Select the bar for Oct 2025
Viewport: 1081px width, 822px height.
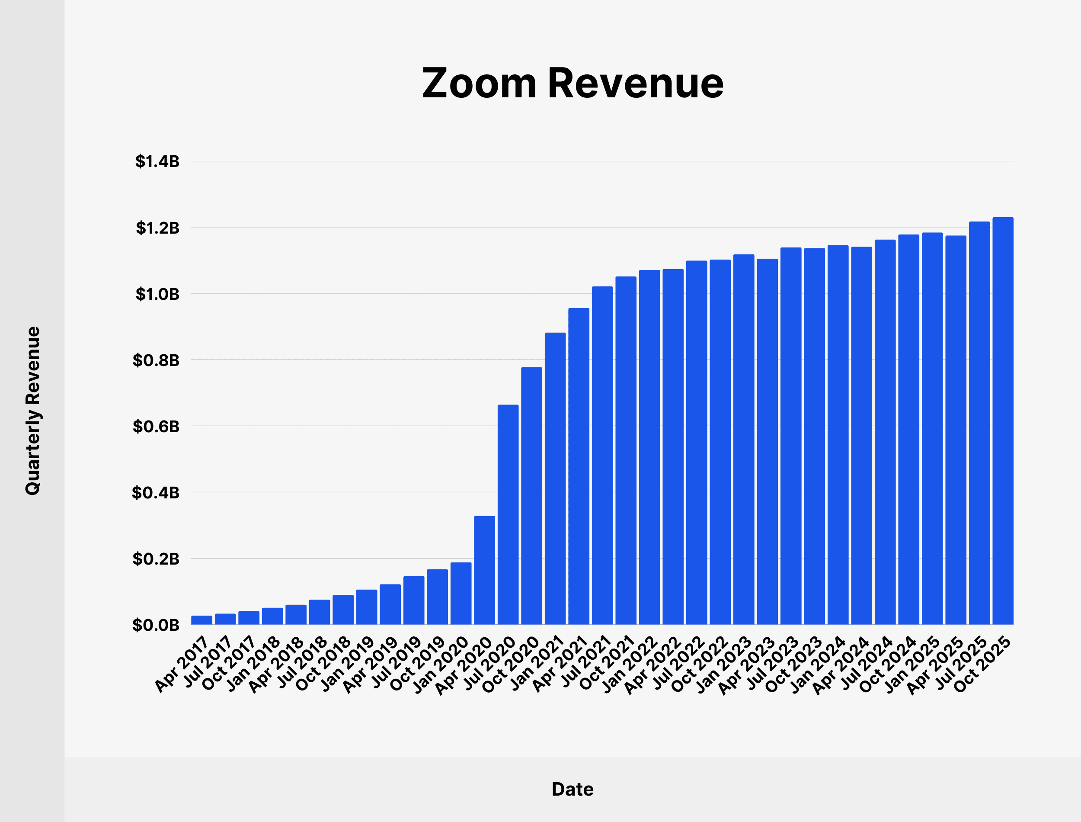click(x=1003, y=421)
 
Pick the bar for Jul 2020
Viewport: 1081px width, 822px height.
click(x=508, y=514)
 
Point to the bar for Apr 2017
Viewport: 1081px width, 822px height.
click(x=201, y=620)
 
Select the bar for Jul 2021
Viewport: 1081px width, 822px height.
click(x=602, y=455)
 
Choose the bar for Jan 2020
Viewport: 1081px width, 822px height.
click(x=461, y=593)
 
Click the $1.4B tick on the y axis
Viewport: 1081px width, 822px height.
click(x=157, y=161)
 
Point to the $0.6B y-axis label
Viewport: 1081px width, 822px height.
click(x=156, y=426)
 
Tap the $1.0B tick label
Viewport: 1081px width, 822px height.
click(x=157, y=294)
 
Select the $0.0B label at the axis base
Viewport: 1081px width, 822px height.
click(x=156, y=625)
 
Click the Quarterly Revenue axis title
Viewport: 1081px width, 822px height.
click(x=33, y=411)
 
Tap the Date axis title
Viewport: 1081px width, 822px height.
click(x=572, y=789)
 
